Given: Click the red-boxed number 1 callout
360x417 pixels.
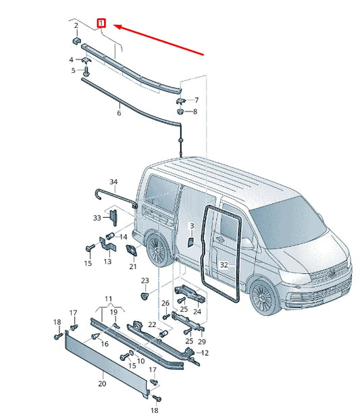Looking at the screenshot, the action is tap(101, 23).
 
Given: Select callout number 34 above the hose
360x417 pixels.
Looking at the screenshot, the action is tap(113, 182).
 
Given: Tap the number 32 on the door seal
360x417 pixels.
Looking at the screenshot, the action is tap(224, 265).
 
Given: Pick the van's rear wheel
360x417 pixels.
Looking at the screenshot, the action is tap(157, 250).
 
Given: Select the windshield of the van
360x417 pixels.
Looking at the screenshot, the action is tap(288, 222).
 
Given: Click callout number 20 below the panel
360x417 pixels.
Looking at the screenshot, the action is tap(102, 383).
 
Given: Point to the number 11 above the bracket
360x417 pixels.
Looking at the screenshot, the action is tap(108, 299).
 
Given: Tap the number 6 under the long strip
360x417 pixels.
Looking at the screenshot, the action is tap(119, 113).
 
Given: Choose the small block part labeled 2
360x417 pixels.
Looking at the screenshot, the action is tap(76, 41).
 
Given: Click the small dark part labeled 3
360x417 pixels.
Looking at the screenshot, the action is tap(190, 242).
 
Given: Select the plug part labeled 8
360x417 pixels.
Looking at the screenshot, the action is tap(180, 111).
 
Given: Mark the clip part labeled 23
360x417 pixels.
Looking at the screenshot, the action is tap(145, 295).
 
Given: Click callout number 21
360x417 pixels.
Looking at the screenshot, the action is tap(133, 266).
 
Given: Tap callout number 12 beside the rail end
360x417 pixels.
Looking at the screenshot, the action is tap(205, 353).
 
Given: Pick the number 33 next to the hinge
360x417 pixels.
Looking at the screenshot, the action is tap(97, 218).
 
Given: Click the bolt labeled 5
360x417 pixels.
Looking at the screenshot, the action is tap(86, 71).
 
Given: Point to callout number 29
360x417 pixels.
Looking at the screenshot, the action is tap(202, 341).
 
